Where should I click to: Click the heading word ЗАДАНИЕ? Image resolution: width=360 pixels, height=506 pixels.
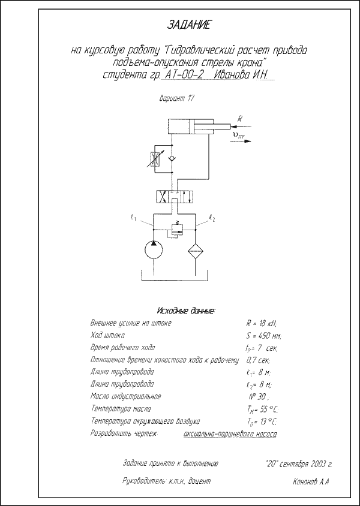[x=189, y=25]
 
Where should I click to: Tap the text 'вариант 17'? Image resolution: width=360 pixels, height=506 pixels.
[x=177, y=98]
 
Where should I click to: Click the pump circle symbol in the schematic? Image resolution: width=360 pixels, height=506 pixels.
[x=154, y=249]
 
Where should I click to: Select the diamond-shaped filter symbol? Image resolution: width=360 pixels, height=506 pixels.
[x=196, y=251]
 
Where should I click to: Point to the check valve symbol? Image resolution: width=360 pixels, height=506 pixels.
[x=172, y=158]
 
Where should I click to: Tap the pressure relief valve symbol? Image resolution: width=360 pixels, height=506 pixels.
[x=176, y=230]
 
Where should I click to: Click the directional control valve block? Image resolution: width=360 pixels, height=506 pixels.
[x=175, y=197]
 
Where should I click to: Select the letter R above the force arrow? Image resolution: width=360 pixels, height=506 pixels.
[x=239, y=119]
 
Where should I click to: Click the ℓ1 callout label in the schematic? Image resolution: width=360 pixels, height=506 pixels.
[x=133, y=219]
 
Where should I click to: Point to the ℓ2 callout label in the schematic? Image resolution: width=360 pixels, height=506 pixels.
[x=212, y=219]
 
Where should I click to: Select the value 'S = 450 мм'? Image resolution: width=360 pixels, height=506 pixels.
[x=264, y=336]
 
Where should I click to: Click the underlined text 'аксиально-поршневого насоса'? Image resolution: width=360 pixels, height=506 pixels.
[x=230, y=435]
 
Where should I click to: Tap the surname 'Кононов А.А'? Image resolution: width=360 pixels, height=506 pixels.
[x=311, y=482]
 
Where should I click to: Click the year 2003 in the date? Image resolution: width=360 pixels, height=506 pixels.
[x=319, y=465]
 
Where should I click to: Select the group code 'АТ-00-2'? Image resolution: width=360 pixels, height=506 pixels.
[x=184, y=75]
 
